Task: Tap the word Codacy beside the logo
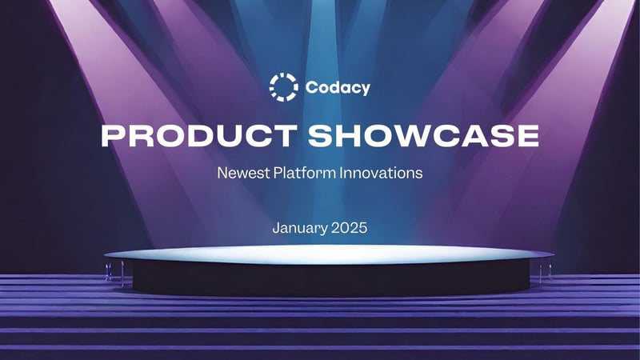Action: click(x=338, y=88)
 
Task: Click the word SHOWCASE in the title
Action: click(x=424, y=135)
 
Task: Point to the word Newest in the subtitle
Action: click(x=242, y=173)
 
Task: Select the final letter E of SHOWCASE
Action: click(x=528, y=135)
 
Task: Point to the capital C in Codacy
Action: click(x=310, y=88)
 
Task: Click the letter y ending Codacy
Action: click(x=366, y=90)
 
